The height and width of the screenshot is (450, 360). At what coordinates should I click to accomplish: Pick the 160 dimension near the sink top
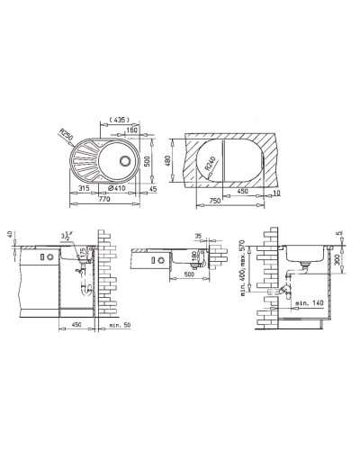(x=131, y=130)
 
